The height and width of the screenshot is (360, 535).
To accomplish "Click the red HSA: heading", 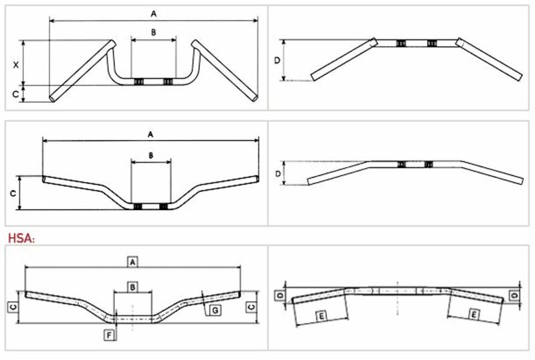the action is tap(21, 238).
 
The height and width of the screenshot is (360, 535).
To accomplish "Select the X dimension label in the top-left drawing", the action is tap(15, 64).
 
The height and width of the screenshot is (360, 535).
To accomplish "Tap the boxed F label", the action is tap(109, 335).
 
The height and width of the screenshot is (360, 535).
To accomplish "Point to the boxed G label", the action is tap(215, 310).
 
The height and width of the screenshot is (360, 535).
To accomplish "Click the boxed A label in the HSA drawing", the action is tap(132, 262).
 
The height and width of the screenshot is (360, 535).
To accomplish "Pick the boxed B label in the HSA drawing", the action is tap(132, 287).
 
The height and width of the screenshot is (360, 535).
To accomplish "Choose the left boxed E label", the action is tap(322, 317).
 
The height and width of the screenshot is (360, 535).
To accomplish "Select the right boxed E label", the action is tap(473, 314).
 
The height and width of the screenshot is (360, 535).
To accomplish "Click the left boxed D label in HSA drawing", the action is tap(280, 296).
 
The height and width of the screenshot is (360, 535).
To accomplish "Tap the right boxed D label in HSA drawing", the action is tap(514, 295).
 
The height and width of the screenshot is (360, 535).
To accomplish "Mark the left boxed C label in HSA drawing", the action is tap(13, 307).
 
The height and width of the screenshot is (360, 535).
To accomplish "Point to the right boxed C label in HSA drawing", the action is tap(251, 307).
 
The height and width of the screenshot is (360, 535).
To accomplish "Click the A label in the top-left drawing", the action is tap(154, 13).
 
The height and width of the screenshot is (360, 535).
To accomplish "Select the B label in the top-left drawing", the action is tap(154, 32).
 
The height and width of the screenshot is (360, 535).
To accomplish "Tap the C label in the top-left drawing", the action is tap(15, 94).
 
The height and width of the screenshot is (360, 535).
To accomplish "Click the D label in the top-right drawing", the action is tap(277, 60).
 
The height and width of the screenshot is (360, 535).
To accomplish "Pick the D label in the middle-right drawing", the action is tap(278, 174).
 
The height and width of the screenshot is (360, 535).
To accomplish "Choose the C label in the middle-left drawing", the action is tap(13, 193).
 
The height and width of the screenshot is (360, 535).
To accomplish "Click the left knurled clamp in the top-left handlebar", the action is tap(138, 82).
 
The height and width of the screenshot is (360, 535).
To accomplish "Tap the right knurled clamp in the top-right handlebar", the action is tap(432, 43).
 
